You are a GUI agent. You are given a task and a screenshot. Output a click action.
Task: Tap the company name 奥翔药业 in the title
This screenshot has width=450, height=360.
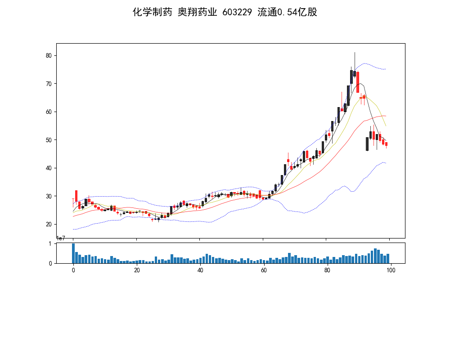197,12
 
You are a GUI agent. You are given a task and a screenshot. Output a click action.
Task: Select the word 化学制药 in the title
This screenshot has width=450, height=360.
152,12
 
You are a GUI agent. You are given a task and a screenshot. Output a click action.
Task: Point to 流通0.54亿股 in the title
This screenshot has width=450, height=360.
287,12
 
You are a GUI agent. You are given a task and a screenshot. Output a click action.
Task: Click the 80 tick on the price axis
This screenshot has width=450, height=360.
49,55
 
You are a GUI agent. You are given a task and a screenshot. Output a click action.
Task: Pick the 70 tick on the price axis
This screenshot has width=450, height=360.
49,84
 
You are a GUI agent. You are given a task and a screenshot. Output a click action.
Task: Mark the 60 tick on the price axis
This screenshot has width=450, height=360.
49,112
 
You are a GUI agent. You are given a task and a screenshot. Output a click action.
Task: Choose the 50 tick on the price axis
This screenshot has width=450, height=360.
49,140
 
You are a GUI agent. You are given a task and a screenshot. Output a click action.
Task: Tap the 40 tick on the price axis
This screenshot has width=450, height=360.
49,168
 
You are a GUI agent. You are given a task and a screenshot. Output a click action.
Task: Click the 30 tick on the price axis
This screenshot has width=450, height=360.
49,196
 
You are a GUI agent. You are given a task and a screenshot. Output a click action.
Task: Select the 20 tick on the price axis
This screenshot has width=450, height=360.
49,224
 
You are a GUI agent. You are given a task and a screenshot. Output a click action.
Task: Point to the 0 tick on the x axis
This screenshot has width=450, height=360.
73,270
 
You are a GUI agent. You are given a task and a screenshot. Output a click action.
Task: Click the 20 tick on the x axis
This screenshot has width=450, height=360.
137,270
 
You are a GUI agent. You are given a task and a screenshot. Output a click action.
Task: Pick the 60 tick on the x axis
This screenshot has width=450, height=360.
264,270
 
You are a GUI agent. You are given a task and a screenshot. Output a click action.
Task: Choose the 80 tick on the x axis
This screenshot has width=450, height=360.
328,270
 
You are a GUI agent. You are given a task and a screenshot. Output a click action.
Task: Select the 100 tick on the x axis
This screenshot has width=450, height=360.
391,270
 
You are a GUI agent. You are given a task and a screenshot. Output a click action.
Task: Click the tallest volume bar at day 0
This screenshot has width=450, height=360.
73,253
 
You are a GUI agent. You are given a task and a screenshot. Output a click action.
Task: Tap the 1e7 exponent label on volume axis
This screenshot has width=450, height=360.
61,238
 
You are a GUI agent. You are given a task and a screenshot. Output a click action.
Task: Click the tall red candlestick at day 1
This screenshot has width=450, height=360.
76,196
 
